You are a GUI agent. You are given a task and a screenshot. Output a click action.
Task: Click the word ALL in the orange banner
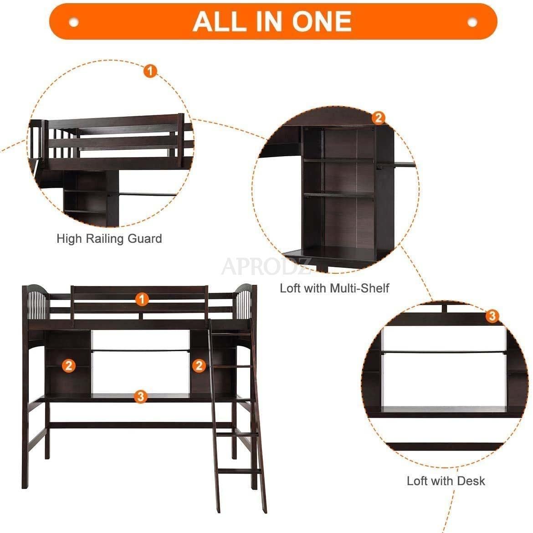pyautogui.click(x=219, y=21)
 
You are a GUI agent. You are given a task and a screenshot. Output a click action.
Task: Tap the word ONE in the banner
pyautogui.click(x=322, y=21)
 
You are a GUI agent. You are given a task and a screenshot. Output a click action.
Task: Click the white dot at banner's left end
pyautogui.click(x=74, y=22)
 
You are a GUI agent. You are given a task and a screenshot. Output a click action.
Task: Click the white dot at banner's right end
pyautogui.click(x=472, y=22)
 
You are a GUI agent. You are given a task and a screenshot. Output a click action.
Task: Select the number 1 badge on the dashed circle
pyautogui.click(x=150, y=71)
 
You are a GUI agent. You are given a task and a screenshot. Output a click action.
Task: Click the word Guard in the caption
pyautogui.click(x=144, y=239)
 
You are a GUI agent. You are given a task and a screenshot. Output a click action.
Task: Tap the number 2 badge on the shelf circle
pyautogui.click(x=378, y=118)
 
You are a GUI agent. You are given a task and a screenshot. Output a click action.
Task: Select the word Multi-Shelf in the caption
pyautogui.click(x=359, y=288)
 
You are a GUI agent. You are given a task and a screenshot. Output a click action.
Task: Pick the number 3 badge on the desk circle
pyautogui.click(x=492, y=316)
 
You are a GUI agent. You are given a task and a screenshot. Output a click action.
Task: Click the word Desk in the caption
pyautogui.click(x=471, y=481)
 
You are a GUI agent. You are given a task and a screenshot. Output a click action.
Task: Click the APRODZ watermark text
pyautogui.click(x=266, y=266)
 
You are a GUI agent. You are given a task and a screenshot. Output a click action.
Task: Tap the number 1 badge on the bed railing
pyautogui.click(x=142, y=299)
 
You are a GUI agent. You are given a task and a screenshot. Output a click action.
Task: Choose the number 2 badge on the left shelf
pyautogui.click(x=69, y=366)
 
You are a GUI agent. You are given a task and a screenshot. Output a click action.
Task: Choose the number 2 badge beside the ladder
pyautogui.click(x=199, y=366)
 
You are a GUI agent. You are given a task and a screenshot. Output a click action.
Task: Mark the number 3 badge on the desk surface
pyautogui.click(x=140, y=396)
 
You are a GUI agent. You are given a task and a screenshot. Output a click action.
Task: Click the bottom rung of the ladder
pyautogui.click(x=239, y=472)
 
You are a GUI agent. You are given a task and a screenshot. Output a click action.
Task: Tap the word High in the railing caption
pyautogui.click(x=69, y=239)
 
